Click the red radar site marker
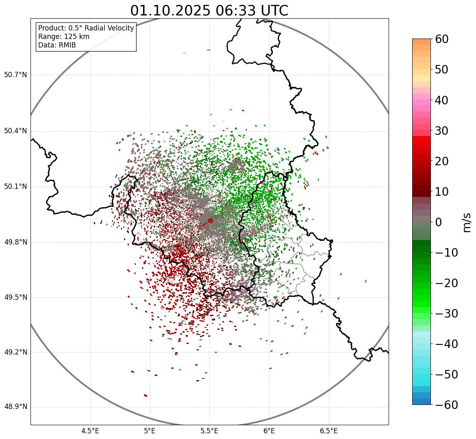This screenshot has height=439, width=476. [210, 221]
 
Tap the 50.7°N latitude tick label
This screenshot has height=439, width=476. [15, 75]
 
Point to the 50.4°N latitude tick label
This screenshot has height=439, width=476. [15, 131]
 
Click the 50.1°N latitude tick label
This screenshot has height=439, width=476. [15, 187]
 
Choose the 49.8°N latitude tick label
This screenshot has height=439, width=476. [15, 242]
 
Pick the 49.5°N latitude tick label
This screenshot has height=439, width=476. [15, 298]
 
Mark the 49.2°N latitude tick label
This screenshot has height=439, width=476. [15, 352]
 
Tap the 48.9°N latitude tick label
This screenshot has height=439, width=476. [15, 407]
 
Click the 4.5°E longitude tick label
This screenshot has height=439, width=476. [90, 430]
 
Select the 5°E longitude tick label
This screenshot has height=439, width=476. [150, 430]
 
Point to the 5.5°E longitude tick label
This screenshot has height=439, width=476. [209, 430]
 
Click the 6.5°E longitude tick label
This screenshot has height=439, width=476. [328, 430]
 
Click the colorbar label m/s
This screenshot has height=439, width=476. [467, 222]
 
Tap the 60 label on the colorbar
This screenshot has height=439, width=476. [442, 39]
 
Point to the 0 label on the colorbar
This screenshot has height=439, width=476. [439, 222]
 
